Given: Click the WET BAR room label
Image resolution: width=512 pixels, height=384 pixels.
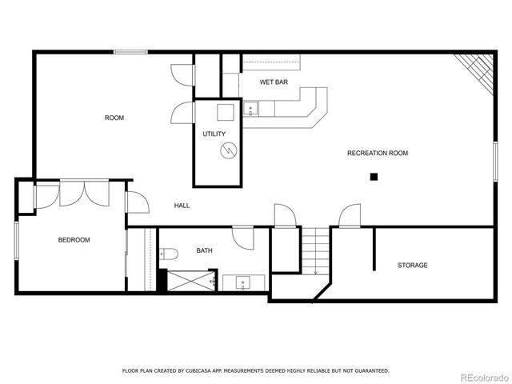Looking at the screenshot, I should click(274, 82).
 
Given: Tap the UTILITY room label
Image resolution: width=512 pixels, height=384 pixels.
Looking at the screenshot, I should click(214, 134).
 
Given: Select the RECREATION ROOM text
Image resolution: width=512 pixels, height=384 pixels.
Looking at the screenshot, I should click(378, 153).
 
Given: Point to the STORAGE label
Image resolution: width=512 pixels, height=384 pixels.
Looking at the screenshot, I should click(413, 265).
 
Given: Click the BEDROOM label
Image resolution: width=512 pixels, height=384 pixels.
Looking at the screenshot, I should click(74, 240).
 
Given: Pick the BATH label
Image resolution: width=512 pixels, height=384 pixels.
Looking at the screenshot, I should click(205, 251).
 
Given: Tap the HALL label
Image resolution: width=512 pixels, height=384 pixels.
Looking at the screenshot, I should click(182, 206).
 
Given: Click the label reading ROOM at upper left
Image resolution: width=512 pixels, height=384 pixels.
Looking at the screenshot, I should click(114, 118).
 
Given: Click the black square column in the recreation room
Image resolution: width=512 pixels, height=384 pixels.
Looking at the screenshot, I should click(373, 177).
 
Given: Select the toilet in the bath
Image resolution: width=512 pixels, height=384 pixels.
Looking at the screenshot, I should click(169, 254).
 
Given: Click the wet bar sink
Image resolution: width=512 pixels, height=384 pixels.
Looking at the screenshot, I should click(250, 110).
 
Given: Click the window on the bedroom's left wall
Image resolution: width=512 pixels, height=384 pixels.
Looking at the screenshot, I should click(16, 239).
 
